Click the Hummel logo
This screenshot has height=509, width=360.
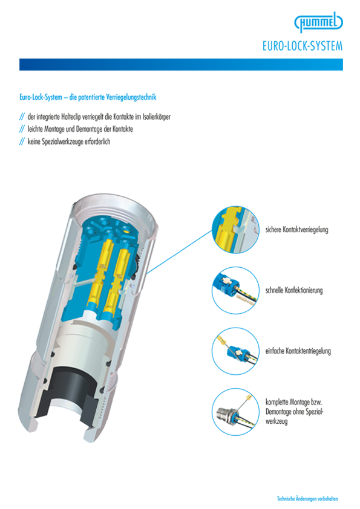click(x=318, y=22)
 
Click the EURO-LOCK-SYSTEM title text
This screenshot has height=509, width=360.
click(x=303, y=46)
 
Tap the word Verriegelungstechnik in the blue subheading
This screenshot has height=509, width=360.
click(x=131, y=97)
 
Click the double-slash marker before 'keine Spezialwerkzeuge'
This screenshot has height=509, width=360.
click(x=22, y=141)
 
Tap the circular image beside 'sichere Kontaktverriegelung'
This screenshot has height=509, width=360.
click(x=235, y=230)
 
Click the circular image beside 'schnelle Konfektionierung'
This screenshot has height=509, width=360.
click(x=235, y=290)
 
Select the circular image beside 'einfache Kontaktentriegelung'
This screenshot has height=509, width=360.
click(x=235, y=351)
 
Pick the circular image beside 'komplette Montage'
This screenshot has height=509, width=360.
click(x=235, y=412)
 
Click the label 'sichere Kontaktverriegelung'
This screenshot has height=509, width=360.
click(x=296, y=230)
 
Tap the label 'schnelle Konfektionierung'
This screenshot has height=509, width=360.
click(x=294, y=290)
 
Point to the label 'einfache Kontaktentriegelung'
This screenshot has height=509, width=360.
click(x=298, y=351)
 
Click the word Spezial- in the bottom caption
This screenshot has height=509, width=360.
click(x=314, y=412)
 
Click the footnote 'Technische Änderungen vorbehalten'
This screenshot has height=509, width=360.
click(x=307, y=498)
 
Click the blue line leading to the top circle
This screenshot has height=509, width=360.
click(x=179, y=252)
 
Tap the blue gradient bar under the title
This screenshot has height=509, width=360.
click(x=181, y=64)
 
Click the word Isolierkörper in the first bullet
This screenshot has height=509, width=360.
click(x=156, y=117)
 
